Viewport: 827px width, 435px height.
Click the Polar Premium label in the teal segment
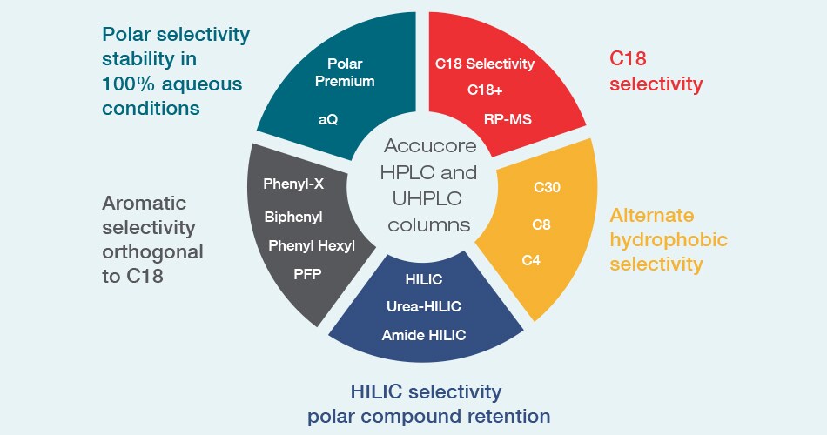[x=345, y=73]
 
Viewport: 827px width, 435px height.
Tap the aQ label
[x=328, y=120]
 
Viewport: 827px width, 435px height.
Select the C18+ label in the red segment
[x=485, y=90]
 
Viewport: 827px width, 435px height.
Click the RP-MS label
[x=508, y=119]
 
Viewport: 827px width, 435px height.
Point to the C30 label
[x=547, y=187]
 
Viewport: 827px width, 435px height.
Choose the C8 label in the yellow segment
[x=541, y=224]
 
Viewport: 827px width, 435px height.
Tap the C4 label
[x=531, y=260]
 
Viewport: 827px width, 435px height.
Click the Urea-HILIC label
[x=424, y=306]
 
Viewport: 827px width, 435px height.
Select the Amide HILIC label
[x=424, y=335]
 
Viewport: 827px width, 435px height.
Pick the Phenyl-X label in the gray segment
[x=293, y=184]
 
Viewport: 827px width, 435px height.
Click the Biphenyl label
[x=293, y=217]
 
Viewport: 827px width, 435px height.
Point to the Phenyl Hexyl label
[x=312, y=245]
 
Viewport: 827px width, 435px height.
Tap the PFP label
[x=307, y=274]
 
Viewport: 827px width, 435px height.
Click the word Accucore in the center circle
[x=430, y=145]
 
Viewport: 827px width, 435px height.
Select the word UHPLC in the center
[x=427, y=198]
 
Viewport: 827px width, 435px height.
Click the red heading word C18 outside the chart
[x=628, y=58]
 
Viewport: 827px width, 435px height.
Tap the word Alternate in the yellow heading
[x=652, y=215]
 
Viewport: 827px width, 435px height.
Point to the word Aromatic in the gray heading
[x=144, y=203]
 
